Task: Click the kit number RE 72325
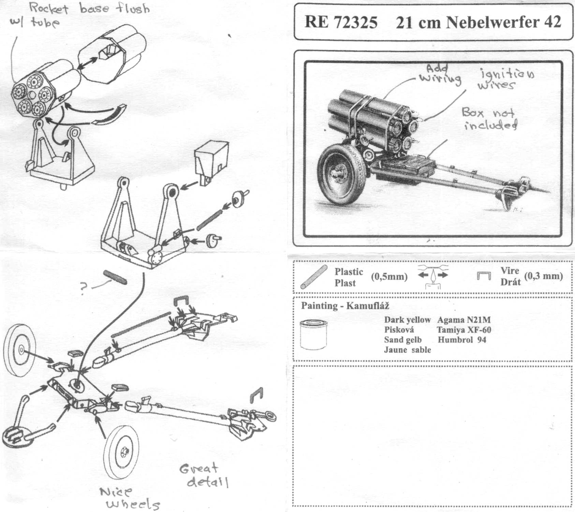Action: [x=341, y=22]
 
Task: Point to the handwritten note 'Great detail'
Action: [x=203, y=475]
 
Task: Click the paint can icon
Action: [x=313, y=334]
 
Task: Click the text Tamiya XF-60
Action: [x=463, y=330]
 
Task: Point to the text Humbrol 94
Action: [x=462, y=340]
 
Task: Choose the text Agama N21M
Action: [x=463, y=320]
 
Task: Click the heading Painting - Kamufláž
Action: [x=345, y=305]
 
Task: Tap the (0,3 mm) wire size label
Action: [x=543, y=276]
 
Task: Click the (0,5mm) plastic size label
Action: [x=389, y=276]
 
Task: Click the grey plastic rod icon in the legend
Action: [x=314, y=277]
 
